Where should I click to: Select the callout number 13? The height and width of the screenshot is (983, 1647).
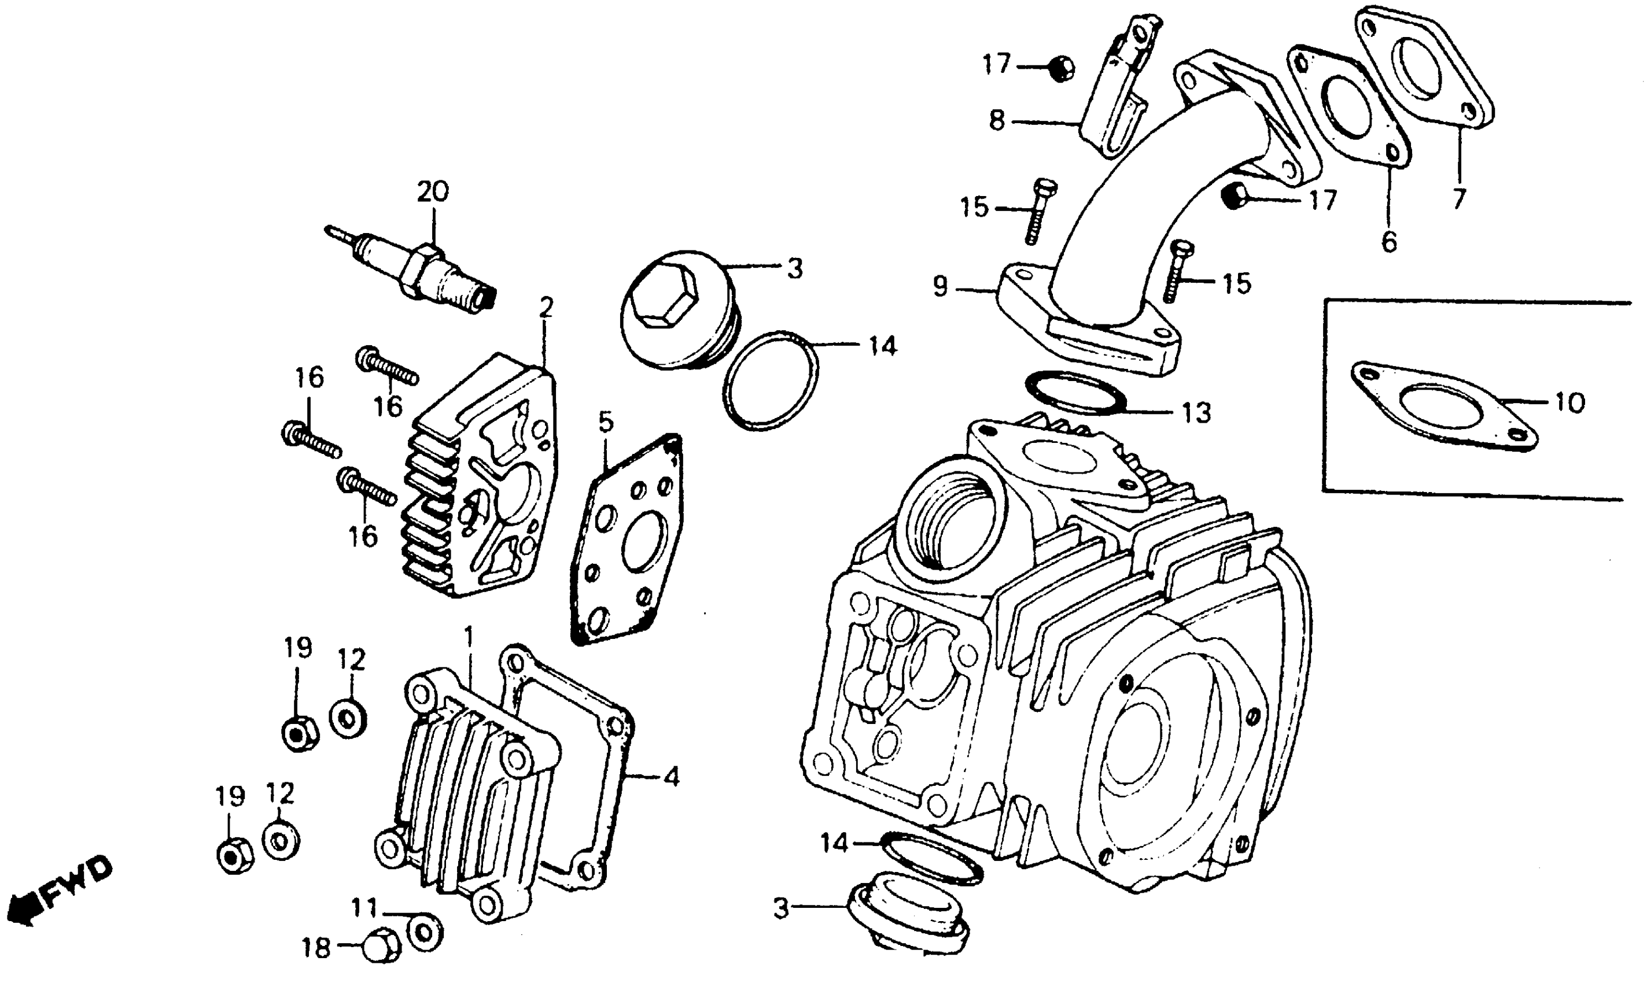click(1196, 413)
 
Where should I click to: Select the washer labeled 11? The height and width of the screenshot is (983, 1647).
click(425, 932)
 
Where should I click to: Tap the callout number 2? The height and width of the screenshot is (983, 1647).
click(546, 308)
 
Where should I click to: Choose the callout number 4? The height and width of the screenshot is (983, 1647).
click(671, 777)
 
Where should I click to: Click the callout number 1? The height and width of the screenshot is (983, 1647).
click(469, 637)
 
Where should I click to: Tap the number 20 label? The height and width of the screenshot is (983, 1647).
click(433, 191)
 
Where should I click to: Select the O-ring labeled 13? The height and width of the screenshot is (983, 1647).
click(1075, 393)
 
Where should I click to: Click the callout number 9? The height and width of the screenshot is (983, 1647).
click(940, 287)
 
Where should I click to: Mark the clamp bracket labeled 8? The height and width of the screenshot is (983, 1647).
click(1119, 93)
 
